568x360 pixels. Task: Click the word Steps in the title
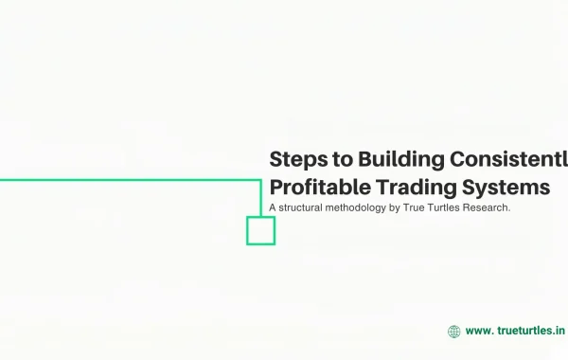point(294,159)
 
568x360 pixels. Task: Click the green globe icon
point(454,332)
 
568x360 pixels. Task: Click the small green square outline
point(260,230)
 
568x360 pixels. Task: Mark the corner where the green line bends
point(260,179)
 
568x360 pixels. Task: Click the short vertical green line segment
point(260,198)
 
